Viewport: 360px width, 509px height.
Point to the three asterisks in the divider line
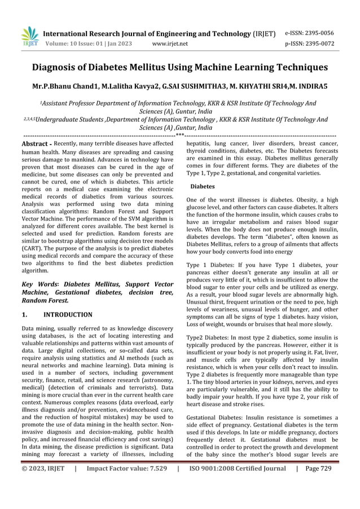180,135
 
